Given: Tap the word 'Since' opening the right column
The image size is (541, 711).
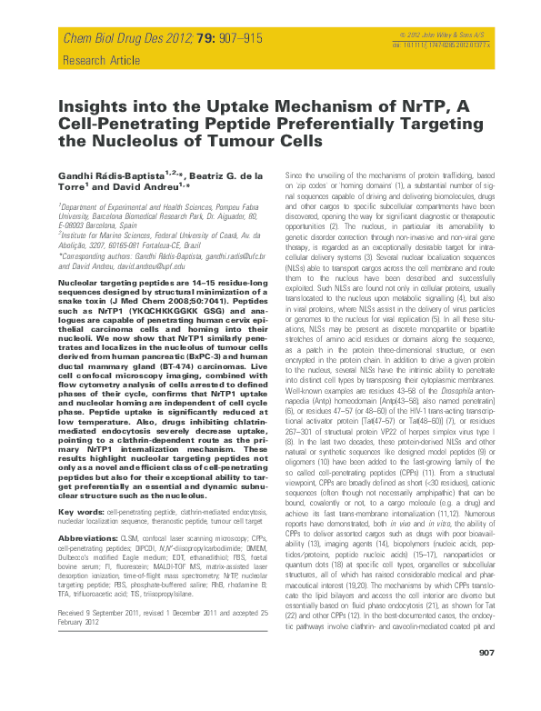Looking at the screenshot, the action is pos(295,173).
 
